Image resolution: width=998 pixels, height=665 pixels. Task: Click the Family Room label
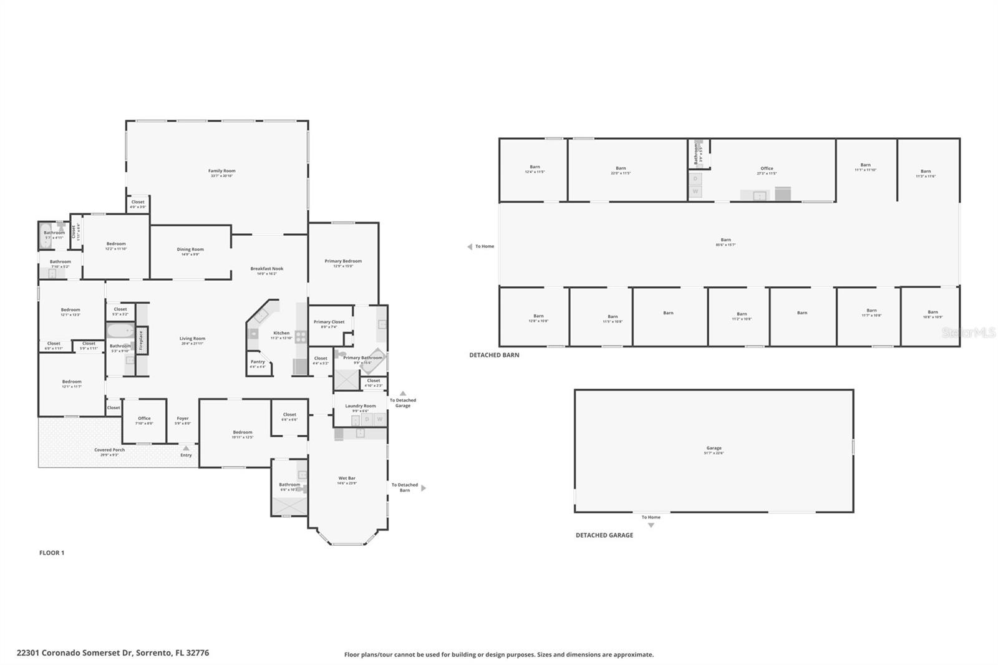point(221,171)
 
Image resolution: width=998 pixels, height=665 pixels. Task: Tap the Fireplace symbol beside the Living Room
point(142,341)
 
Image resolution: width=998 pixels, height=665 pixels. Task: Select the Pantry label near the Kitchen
point(258,362)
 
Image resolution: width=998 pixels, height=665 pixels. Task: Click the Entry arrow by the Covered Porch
point(186,448)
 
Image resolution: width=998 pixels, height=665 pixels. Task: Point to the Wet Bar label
point(347,478)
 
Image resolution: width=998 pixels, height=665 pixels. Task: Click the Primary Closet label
point(329,323)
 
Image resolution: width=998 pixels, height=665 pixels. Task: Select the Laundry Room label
point(361,406)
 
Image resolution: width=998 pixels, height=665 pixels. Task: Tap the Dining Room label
point(190,250)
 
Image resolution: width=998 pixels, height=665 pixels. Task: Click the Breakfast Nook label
point(267,269)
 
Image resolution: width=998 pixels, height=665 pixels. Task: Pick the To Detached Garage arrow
point(403,394)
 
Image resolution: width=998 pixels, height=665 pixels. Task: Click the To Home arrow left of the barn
point(470,247)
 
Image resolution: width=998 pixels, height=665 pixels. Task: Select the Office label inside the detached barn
point(767,168)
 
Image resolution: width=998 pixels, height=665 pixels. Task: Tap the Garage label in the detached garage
point(714,448)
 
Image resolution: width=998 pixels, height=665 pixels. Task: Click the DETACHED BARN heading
point(494,355)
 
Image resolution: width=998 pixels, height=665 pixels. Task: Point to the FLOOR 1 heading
point(52,553)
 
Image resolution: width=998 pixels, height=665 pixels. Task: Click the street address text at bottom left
point(113,653)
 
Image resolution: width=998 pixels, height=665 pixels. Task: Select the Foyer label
point(182,419)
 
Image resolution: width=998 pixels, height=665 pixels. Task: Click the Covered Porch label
point(110,450)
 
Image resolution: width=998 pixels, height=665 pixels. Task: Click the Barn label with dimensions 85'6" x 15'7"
point(725,240)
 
